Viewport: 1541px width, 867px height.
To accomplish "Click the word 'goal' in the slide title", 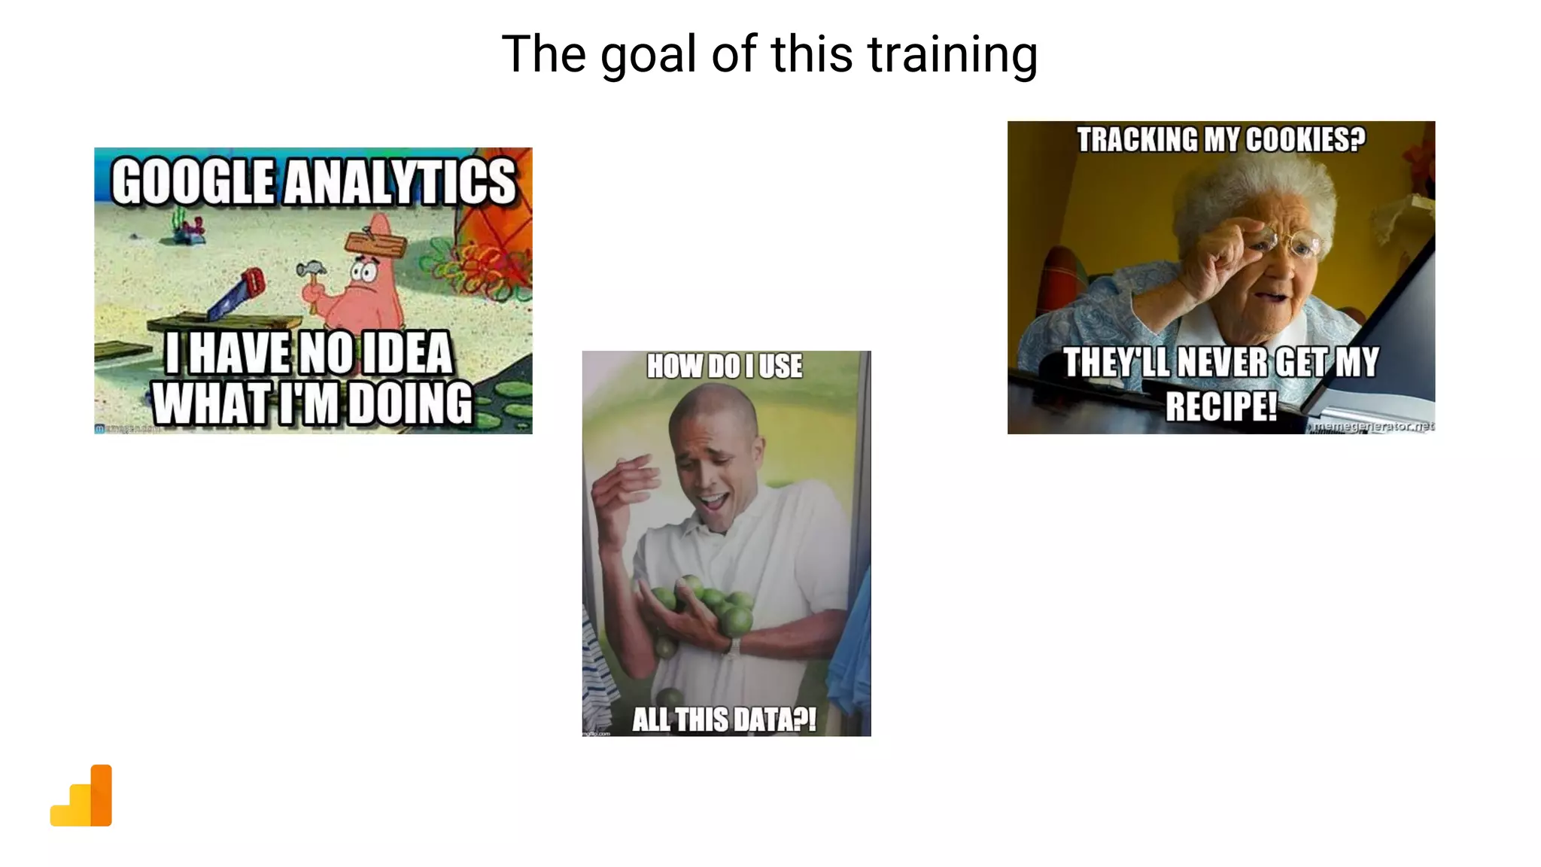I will [648, 56].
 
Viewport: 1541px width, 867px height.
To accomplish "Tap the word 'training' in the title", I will [953, 56].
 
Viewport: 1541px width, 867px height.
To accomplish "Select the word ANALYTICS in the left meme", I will [400, 182].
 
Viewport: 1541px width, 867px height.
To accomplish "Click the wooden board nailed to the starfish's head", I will [375, 245].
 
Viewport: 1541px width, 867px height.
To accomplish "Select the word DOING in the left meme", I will [410, 404].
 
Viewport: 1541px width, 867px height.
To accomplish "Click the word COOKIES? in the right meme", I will [1305, 140].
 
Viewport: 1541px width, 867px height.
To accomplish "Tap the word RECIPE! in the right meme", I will [1221, 406].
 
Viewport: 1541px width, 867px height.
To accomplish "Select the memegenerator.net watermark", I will [1373, 427].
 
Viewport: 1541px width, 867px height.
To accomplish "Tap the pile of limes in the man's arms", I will [704, 606].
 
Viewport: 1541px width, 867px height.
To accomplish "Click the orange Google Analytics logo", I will [82, 797].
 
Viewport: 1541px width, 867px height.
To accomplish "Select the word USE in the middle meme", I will [780, 367].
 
